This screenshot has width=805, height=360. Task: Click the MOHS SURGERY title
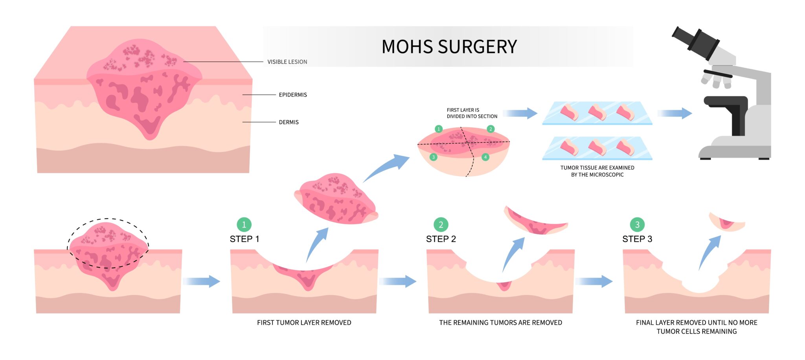click(x=449, y=47)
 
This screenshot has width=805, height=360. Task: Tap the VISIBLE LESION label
click(x=287, y=62)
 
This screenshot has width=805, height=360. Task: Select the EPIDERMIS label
click(x=293, y=95)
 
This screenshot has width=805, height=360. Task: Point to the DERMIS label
click(x=289, y=122)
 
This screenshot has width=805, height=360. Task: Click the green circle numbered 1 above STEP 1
click(x=244, y=225)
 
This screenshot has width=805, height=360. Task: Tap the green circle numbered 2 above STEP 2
click(x=441, y=225)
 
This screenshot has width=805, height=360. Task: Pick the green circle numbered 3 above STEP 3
click(x=637, y=225)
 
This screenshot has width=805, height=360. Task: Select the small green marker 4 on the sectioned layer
click(x=485, y=157)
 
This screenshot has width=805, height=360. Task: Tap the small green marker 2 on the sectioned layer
click(x=491, y=129)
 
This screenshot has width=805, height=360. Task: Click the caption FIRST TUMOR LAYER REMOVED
click(x=304, y=323)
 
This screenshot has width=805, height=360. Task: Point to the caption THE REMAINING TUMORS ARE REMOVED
click(x=500, y=323)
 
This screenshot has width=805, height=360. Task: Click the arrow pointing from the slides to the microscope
click(x=675, y=114)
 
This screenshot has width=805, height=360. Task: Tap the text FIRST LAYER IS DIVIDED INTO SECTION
click(x=472, y=113)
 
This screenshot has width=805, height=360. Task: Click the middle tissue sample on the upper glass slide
click(x=597, y=113)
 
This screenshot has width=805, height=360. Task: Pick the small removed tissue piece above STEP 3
click(x=727, y=222)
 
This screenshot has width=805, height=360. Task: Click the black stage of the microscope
click(x=725, y=101)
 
